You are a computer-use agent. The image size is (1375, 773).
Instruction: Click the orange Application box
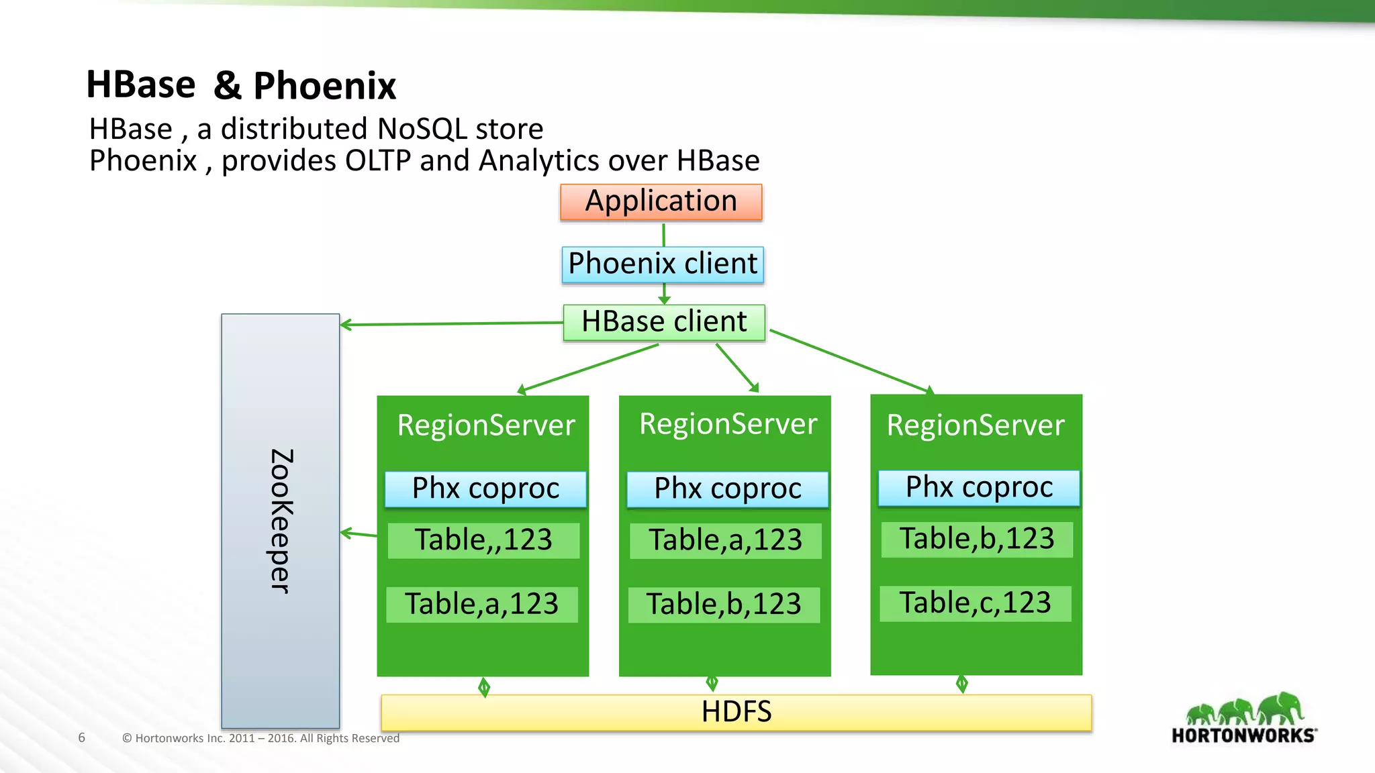[661, 202]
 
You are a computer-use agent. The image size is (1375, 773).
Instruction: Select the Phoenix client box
[663, 264]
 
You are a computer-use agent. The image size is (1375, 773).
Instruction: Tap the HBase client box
[664, 322]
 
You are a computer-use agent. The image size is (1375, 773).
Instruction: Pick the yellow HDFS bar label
[737, 712]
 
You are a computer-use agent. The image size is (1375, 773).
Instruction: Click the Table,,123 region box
[483, 540]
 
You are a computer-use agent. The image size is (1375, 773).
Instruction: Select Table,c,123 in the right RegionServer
[975, 603]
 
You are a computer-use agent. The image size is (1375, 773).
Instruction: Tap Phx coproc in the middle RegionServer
[728, 488]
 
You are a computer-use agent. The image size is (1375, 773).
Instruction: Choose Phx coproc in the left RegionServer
[485, 488]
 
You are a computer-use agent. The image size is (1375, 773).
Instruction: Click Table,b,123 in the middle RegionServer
[724, 604]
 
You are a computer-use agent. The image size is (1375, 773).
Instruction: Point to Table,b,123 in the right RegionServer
[977, 539]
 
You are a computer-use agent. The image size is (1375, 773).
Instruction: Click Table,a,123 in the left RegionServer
[481, 604]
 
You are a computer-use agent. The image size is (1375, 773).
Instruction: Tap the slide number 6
[82, 737]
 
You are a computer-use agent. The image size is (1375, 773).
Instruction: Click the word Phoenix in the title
[324, 86]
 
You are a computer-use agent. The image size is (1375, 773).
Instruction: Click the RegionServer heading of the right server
[976, 425]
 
